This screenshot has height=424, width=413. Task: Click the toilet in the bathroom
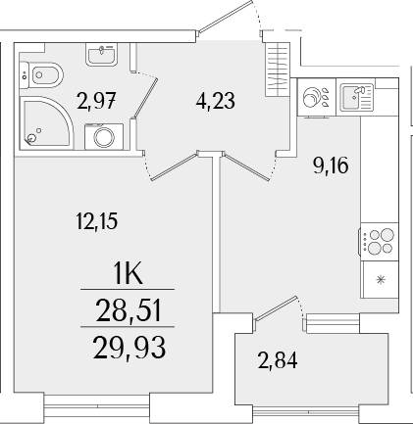[45, 73]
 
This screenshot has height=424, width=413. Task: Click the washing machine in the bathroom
[105, 137]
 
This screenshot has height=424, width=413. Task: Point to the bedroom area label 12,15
[94, 222]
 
